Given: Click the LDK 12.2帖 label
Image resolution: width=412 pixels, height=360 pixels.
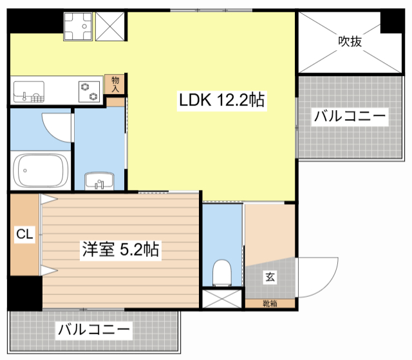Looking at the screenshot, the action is coord(221,100).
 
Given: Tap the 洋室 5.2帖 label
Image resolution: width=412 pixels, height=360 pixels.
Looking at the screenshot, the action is coord(120,249).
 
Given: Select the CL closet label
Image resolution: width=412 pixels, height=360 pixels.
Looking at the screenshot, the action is coord(24,234).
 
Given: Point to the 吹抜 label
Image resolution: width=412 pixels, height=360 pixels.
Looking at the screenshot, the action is coord(350,41).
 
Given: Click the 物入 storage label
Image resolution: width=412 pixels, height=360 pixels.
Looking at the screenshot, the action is coord(115,84).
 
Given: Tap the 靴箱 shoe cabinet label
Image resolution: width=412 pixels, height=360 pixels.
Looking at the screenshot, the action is coord(270,304).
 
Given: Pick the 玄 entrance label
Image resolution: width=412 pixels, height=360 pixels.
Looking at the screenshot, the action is coord(270,277).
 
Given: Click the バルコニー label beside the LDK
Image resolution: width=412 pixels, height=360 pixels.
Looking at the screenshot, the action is coord(350,116).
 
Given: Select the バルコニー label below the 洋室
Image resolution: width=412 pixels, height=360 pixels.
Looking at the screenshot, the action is coord(94,330).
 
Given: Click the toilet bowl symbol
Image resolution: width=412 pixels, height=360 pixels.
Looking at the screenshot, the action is coord(222,272).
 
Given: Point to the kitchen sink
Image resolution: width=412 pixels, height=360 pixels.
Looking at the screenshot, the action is coord(29,91).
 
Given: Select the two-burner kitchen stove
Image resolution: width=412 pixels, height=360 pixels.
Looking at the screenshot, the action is coord(89,91).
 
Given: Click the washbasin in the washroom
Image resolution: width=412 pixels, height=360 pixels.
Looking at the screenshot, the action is coord(99,181).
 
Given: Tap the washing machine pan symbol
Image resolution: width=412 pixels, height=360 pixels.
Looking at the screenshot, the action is coord(78,26).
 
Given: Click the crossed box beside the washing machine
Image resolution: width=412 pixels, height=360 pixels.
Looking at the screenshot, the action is coord(110,26).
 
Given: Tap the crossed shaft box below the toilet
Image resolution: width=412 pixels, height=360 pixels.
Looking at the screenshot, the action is coord(222,299).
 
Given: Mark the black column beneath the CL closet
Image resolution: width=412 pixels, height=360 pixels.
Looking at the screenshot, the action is coord(25,293).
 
